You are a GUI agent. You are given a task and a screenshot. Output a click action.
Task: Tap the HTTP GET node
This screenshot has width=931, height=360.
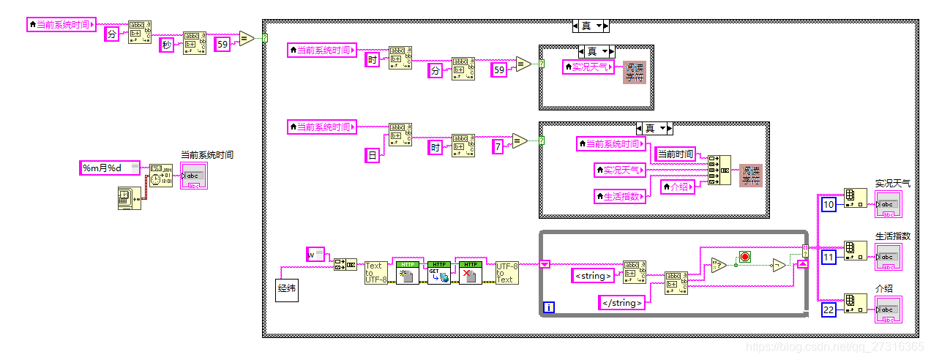point(439,272)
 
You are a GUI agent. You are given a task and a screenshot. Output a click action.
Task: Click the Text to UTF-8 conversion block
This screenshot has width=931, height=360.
point(375,272)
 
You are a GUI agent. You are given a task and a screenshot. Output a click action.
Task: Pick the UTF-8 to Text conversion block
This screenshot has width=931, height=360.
point(506,272)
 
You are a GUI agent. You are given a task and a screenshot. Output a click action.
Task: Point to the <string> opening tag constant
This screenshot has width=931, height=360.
point(594,276)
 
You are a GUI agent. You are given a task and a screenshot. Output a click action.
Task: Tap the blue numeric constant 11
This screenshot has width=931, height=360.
point(829,257)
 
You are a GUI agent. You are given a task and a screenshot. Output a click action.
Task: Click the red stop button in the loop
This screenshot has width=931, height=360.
point(745,257)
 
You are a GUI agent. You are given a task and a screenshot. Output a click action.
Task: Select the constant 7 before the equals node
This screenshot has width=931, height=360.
point(498,147)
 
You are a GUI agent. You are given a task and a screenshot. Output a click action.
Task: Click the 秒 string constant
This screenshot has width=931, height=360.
point(168,45)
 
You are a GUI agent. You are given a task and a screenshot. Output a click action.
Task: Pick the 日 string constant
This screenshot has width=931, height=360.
point(373,154)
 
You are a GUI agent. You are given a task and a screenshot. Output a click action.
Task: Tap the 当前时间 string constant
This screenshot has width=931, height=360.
point(675,154)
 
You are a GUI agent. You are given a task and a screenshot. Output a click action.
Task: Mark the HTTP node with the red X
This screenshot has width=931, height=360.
point(471,272)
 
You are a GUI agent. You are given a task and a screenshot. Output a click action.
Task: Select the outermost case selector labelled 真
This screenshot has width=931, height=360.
point(591,26)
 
